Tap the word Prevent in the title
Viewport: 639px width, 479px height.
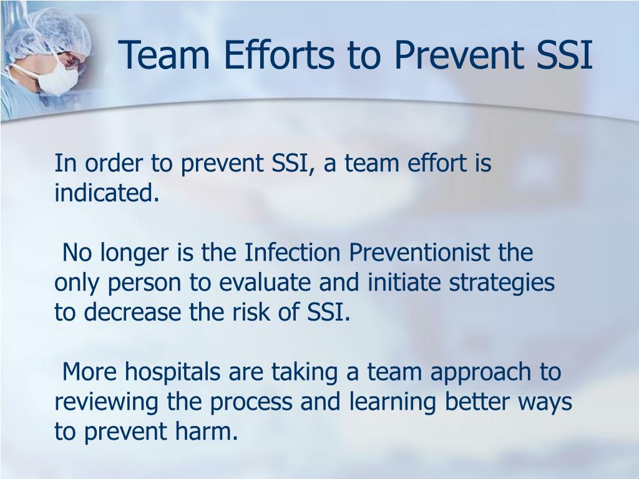coord(457,55)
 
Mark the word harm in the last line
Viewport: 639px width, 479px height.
coord(210,432)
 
